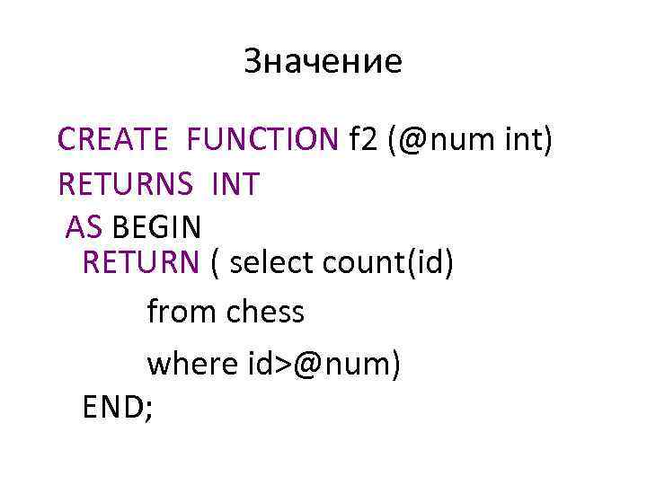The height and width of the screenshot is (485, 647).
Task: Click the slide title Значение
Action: coord(323,62)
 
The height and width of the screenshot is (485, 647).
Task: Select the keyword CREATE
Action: coord(112,139)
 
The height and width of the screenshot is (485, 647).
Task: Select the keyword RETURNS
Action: coord(125,185)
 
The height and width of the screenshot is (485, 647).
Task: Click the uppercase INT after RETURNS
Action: coord(235,185)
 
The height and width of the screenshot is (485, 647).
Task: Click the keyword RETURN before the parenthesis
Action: coord(140,262)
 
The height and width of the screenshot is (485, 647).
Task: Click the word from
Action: coord(182,313)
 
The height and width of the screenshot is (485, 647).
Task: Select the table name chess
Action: coord(265,313)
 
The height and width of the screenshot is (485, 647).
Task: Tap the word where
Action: coord(190,363)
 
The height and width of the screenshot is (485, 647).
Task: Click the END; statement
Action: coord(118,406)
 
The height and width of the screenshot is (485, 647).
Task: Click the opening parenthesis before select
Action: coord(215,263)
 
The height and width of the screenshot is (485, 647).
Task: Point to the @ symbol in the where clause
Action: coord(306,364)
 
